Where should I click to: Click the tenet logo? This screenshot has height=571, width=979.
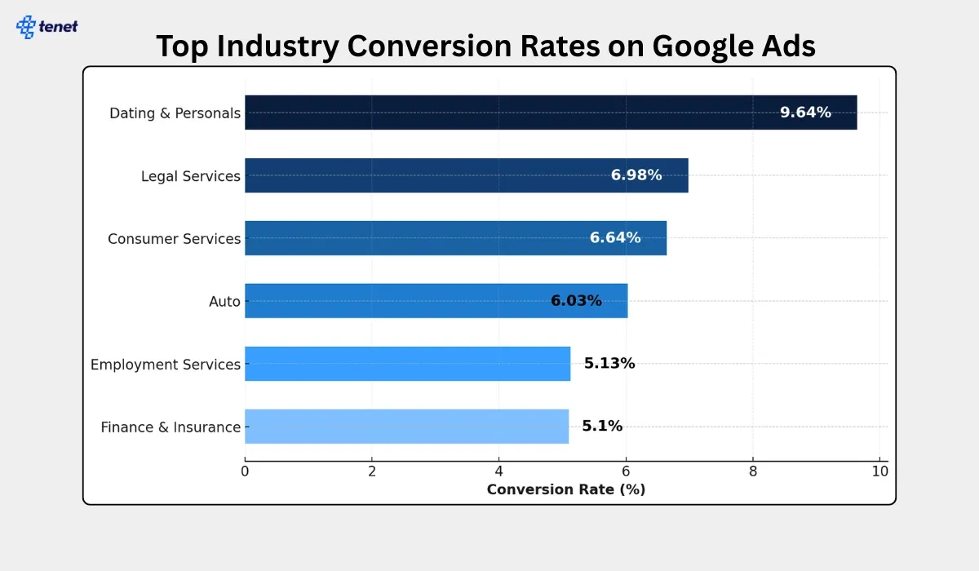[x=47, y=26]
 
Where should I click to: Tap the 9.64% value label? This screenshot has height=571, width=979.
[x=805, y=113]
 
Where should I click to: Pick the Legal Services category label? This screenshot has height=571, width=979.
[x=190, y=176]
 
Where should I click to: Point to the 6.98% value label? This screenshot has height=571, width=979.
[x=636, y=175]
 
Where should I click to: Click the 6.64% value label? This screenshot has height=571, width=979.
[x=615, y=238]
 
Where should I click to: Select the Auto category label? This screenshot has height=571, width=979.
[x=224, y=302]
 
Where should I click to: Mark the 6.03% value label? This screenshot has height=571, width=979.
[x=576, y=301]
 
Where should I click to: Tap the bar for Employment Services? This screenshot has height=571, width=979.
[x=407, y=364]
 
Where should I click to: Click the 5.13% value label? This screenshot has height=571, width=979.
[x=609, y=364]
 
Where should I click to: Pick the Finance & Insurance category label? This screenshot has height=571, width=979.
[x=171, y=427]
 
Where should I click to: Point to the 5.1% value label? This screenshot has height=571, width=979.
[x=602, y=426]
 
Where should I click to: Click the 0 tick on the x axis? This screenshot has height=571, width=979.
[x=245, y=471]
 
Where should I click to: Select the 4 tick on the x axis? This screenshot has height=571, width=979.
[x=499, y=471]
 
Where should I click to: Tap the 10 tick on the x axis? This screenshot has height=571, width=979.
[x=879, y=471]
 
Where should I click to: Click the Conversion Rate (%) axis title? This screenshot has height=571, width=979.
[x=565, y=489]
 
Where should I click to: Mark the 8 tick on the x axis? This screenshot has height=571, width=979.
[x=753, y=471]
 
